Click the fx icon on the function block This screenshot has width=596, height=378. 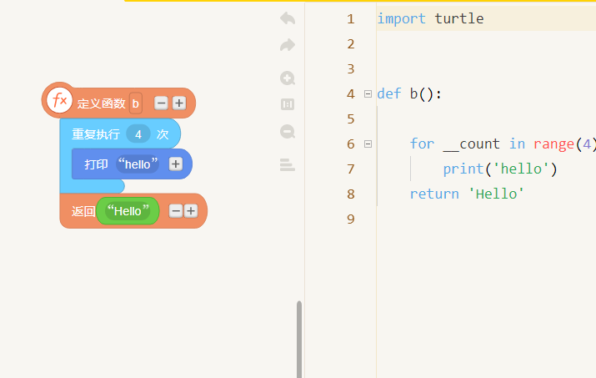click(x=59, y=100)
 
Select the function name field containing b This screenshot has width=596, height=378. click(x=136, y=103)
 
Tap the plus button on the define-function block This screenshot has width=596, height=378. click(x=179, y=103)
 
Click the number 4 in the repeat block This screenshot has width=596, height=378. click(x=138, y=134)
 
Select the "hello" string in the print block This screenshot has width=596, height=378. click(x=138, y=164)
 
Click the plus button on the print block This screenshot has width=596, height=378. click(x=176, y=164)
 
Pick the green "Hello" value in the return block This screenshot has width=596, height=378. click(x=128, y=211)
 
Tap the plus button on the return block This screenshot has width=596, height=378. click(x=191, y=211)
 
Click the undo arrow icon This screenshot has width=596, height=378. click(x=288, y=18)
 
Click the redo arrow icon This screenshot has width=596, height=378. click(x=288, y=45)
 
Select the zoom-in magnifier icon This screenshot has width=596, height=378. click(x=288, y=78)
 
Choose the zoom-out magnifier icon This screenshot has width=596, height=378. click(x=288, y=132)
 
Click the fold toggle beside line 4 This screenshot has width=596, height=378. click(x=368, y=93)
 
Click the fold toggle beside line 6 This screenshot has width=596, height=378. click(x=368, y=144)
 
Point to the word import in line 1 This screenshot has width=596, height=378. click(x=402, y=18)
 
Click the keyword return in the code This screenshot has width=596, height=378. click(x=434, y=194)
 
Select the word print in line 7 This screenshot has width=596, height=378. click(x=463, y=169)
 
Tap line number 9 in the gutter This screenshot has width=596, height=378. click(x=350, y=219)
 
